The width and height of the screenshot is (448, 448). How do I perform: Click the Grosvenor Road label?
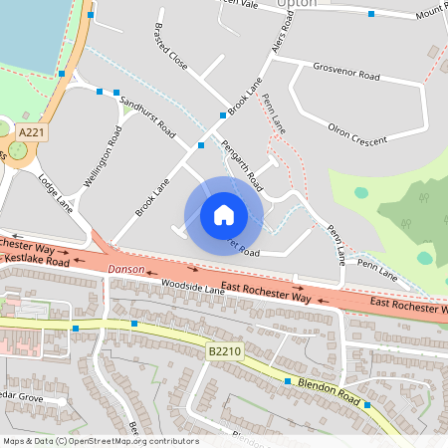click(x=346, y=75)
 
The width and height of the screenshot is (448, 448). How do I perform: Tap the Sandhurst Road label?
click(x=147, y=117)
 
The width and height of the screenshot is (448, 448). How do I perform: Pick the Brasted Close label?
click(x=170, y=44)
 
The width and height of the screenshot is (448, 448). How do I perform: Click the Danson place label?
click(x=126, y=270)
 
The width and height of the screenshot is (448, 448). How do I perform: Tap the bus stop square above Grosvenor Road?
click(x=370, y=14)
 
